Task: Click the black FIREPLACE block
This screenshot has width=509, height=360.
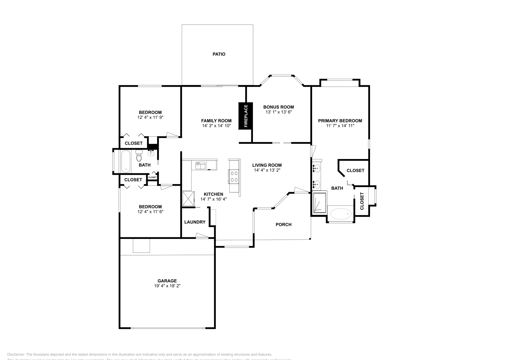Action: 246,116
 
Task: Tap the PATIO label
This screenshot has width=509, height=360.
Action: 219,54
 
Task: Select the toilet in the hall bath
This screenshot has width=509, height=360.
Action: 139,156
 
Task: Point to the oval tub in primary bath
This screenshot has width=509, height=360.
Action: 341,214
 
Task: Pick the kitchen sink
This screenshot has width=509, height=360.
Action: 200,165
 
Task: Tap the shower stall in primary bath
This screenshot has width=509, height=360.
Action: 320,203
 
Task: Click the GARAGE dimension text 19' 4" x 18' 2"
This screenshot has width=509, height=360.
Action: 167,286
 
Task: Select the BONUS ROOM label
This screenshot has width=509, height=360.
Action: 278,107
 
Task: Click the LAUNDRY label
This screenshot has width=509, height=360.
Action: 195,222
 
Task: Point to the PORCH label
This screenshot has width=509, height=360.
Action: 283,225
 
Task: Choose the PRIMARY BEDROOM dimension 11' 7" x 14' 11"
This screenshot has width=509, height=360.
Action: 340,126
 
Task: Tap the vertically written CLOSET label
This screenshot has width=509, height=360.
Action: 362,201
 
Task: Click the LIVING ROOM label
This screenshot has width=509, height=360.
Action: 267,165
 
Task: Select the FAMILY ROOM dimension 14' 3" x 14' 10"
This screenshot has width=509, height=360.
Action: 216,126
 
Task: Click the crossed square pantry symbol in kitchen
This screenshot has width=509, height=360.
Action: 188,199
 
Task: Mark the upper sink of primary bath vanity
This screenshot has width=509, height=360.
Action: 316,168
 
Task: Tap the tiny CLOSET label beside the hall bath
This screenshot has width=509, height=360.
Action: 152,177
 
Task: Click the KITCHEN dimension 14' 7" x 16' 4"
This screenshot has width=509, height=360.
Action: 213,199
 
